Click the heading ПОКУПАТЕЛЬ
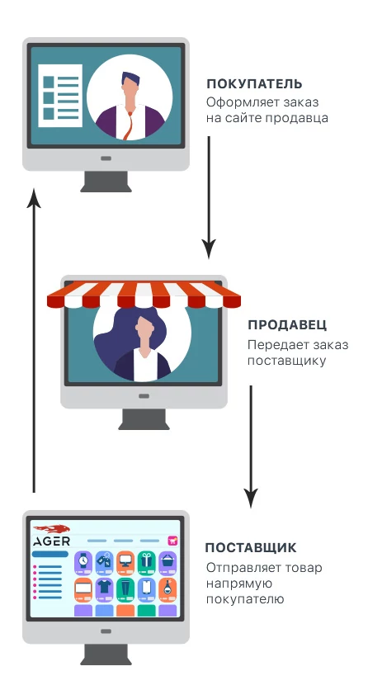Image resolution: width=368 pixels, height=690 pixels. pyautogui.click(x=255, y=83)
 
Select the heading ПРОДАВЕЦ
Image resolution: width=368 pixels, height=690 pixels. pyautogui.click(x=287, y=325)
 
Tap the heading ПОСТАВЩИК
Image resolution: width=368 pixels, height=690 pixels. pyautogui.click(x=251, y=548)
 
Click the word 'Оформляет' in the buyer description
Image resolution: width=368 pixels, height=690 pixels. pyautogui.click(x=239, y=102)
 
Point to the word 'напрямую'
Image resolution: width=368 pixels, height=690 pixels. pyautogui.click(x=234, y=584)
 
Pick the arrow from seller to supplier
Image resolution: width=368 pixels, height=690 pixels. pyautogui.click(x=251, y=447)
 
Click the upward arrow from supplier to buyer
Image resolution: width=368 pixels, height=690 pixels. pyautogui.click(x=34, y=340)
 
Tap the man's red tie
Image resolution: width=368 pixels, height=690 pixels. pyautogui.click(x=129, y=126)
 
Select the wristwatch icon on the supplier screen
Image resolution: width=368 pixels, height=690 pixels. pyautogui.click(x=83, y=560)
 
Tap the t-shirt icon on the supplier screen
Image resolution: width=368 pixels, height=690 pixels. pyautogui.click(x=104, y=587)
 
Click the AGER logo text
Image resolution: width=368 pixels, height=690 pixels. pyautogui.click(x=51, y=541)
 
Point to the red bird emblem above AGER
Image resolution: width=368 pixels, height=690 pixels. pyautogui.click(x=51, y=528)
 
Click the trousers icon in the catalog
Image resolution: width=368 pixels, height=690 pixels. pyautogui.click(x=125, y=587)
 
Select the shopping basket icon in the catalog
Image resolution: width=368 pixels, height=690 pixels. pyautogui.click(x=167, y=560)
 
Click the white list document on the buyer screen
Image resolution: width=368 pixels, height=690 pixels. pyautogui.click(x=60, y=96)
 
